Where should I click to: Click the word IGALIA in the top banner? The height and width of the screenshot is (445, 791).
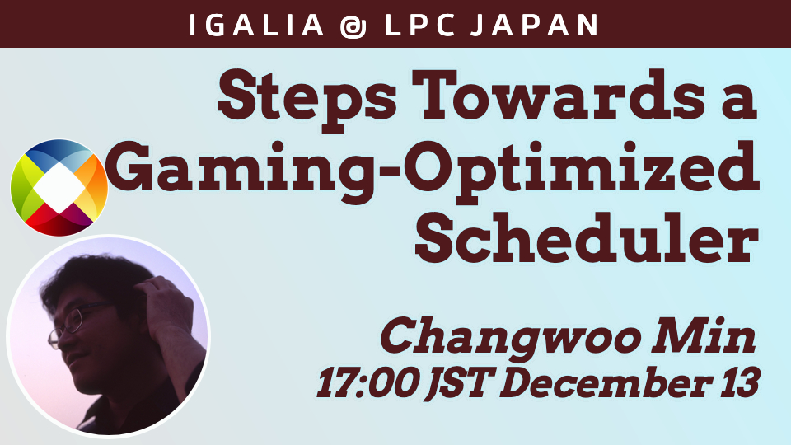[256, 25]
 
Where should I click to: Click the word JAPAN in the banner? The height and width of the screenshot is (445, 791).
[534, 25]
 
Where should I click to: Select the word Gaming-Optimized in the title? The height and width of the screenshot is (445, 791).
[432, 171]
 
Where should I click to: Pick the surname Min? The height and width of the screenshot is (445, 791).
[704, 335]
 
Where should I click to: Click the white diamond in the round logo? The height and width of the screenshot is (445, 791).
[59, 188]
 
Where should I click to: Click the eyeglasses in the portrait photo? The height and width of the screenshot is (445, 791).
[74, 322]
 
